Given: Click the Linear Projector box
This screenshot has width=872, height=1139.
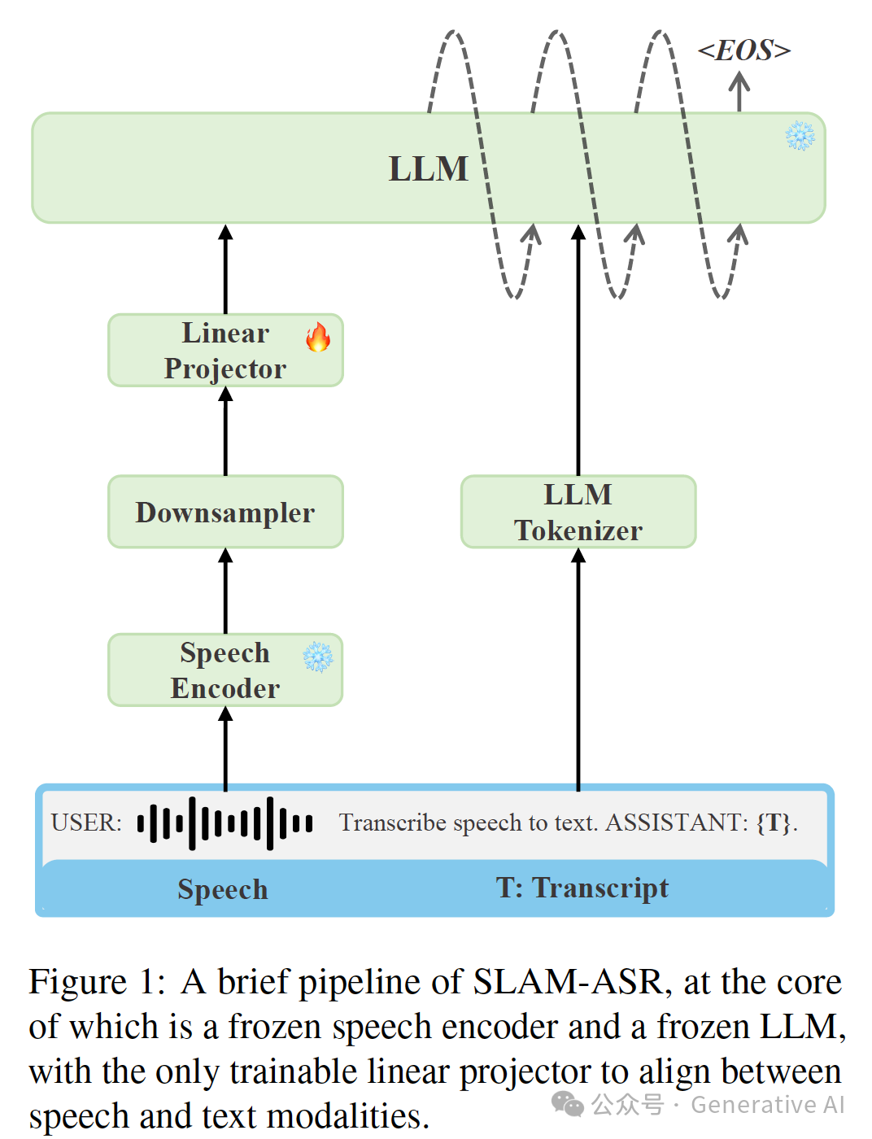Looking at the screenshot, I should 225,351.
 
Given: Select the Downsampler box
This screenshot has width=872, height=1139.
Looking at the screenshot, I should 225,513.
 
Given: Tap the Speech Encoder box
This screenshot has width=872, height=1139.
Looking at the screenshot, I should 225,670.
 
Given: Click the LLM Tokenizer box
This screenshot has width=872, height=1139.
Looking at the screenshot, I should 578,512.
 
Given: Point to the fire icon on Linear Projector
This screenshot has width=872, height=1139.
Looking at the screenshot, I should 318,337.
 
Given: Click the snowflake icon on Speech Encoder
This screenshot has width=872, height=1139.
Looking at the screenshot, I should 318,657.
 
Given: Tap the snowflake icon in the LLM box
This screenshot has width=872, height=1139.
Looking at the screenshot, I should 800,136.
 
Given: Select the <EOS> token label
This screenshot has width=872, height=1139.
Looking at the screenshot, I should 744,50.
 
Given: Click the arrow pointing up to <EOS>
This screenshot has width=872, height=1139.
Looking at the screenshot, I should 739,91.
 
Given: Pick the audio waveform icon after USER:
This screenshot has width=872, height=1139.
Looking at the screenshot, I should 225,823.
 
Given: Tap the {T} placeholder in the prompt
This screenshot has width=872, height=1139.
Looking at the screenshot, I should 774,823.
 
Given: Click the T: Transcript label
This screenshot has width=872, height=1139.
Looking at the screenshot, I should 582,888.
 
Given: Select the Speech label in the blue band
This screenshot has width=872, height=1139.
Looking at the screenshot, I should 223,889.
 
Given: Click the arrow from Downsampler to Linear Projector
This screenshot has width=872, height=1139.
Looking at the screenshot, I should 225,431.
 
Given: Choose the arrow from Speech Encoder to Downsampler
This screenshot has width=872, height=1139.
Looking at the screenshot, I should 225,591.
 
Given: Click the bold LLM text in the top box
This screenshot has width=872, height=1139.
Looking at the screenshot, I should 429,169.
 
